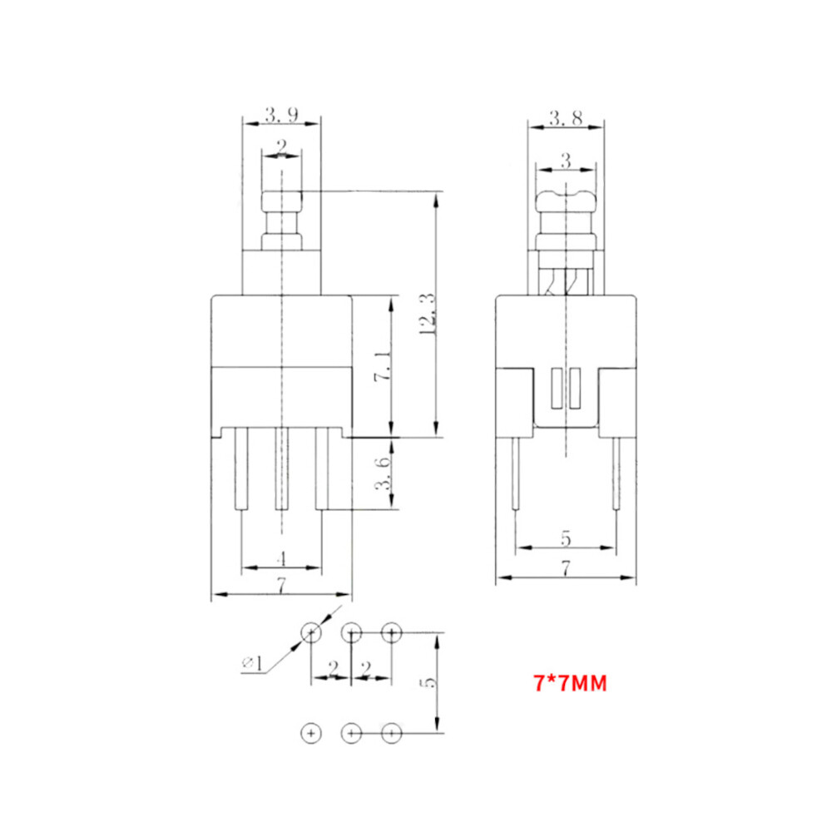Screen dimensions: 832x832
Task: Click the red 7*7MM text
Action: pos(570,684)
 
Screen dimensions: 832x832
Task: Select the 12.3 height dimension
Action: pos(427,314)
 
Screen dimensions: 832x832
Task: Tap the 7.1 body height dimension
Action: pos(381,366)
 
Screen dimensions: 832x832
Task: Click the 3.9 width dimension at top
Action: pos(281,115)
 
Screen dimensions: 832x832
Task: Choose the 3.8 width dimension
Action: pos(565,118)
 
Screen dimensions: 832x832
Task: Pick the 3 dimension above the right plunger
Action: pos(566,161)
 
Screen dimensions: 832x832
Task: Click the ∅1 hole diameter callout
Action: pos(252,663)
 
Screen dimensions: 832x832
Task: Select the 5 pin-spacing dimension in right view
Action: pos(566,539)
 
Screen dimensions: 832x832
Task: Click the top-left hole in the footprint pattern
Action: pos(311,633)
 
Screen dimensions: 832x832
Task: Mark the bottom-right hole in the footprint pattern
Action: pos(391,733)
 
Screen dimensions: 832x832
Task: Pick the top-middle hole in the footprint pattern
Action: pos(351,633)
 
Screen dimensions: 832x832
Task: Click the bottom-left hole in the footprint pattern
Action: pos(311,733)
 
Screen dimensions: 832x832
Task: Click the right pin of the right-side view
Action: pos(616,474)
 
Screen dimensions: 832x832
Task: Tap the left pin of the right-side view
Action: pos(516,474)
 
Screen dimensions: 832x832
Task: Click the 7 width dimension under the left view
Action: pos(282,587)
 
